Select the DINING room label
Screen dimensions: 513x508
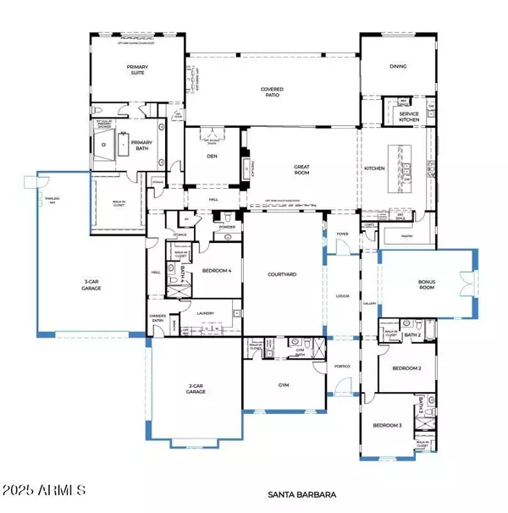[x=398, y=66]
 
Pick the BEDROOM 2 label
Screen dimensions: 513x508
[x=407, y=369]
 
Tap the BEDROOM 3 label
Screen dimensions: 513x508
[x=388, y=425]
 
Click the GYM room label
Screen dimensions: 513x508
[x=284, y=383]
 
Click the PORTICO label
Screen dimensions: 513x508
[x=342, y=366]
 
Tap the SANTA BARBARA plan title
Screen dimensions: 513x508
[x=303, y=493]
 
